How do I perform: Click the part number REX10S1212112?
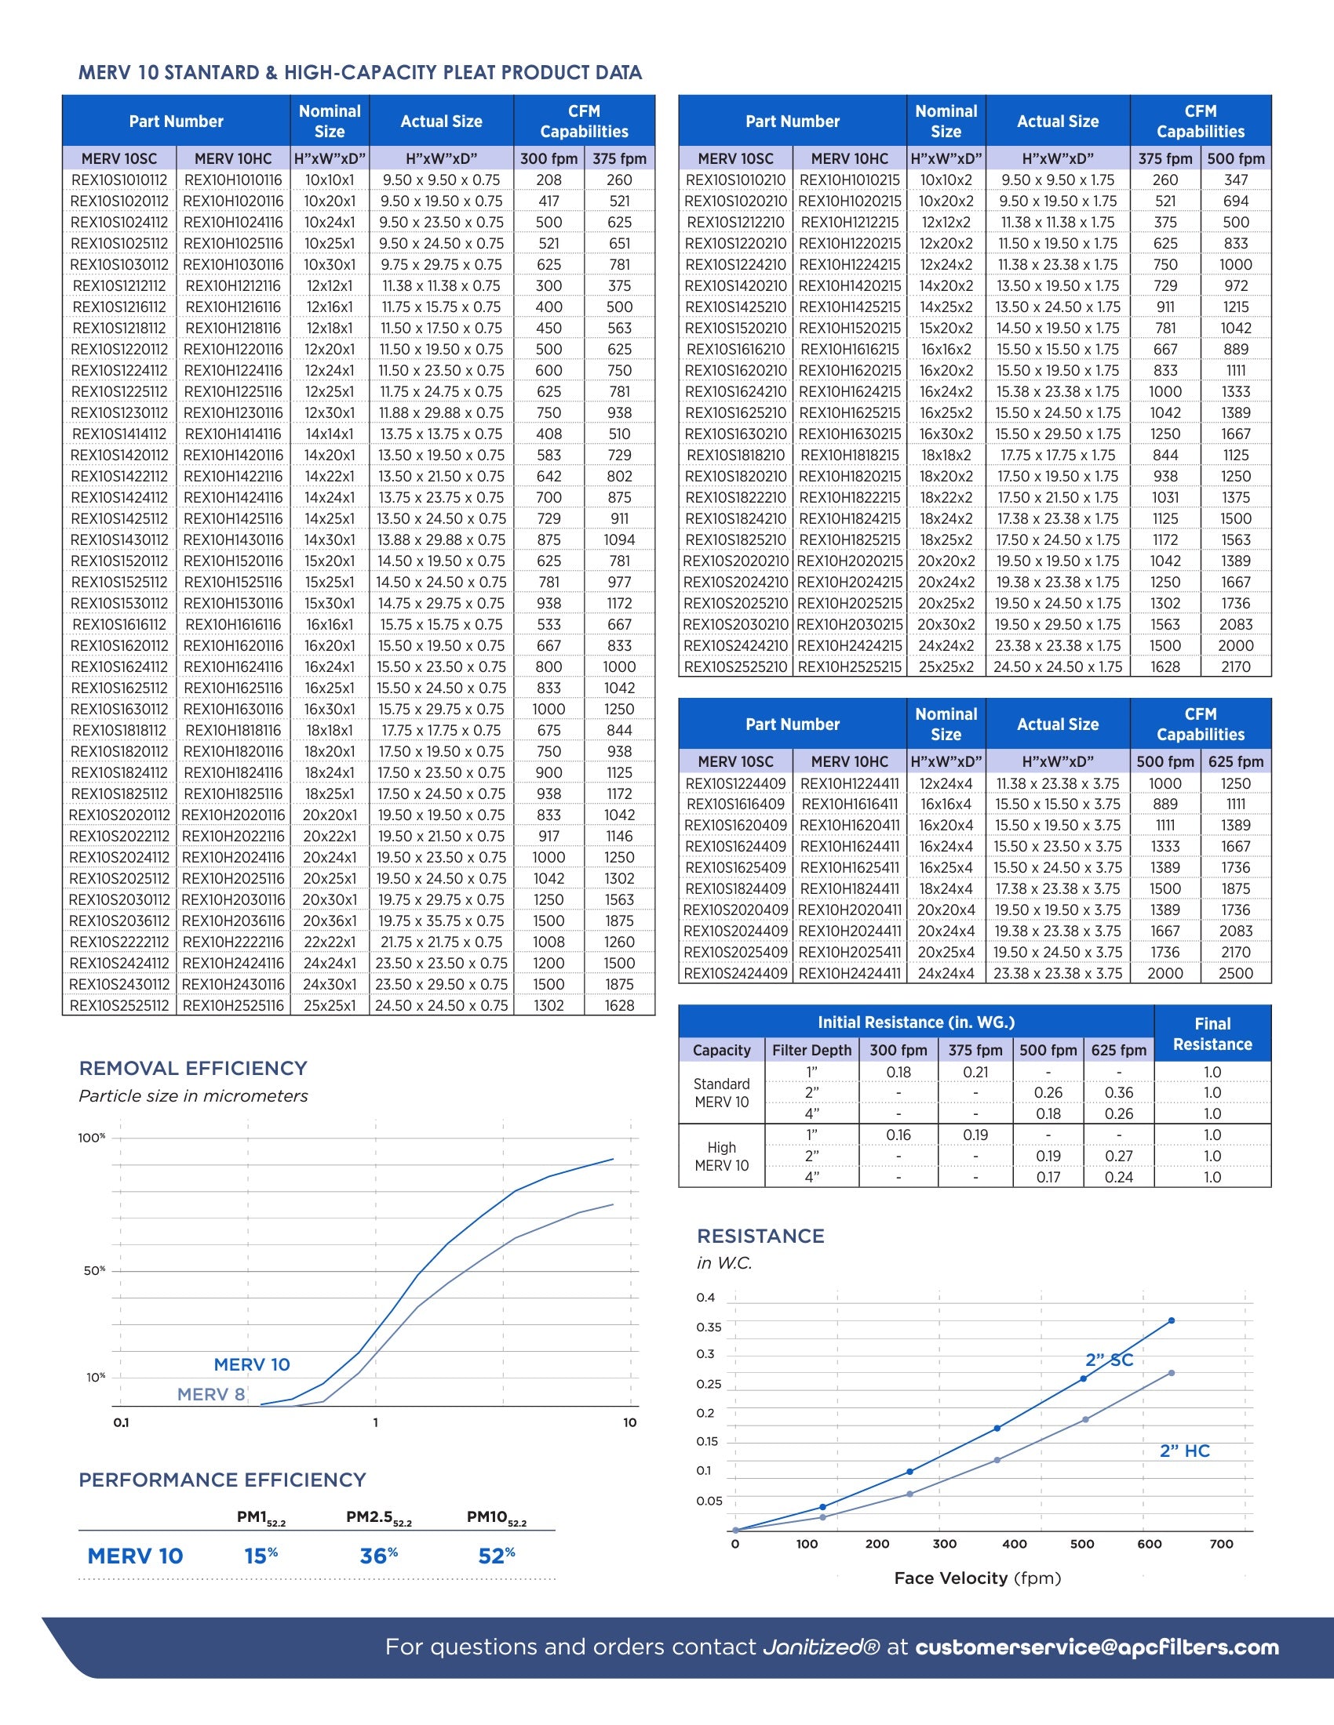(x=119, y=286)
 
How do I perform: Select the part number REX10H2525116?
(x=232, y=1005)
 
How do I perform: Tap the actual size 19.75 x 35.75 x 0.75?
(x=441, y=921)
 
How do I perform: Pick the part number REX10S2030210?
(x=736, y=624)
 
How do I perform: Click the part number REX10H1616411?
(x=850, y=804)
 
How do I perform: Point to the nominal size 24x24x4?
(x=946, y=973)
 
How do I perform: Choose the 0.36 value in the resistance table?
(x=1118, y=1092)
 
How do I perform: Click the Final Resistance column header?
(x=1212, y=1033)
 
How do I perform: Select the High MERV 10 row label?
(x=720, y=1157)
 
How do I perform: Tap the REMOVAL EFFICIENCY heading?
(x=193, y=1068)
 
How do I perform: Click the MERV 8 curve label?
(x=210, y=1394)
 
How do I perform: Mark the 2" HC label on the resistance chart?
(x=1184, y=1451)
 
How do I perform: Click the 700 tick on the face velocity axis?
(x=1221, y=1543)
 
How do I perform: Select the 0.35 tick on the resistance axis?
(x=708, y=1327)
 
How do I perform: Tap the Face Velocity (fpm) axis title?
(x=977, y=1578)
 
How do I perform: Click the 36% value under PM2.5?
(x=378, y=1556)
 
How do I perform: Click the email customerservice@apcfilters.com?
(x=1097, y=1647)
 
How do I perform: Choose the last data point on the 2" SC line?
(x=1172, y=1320)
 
